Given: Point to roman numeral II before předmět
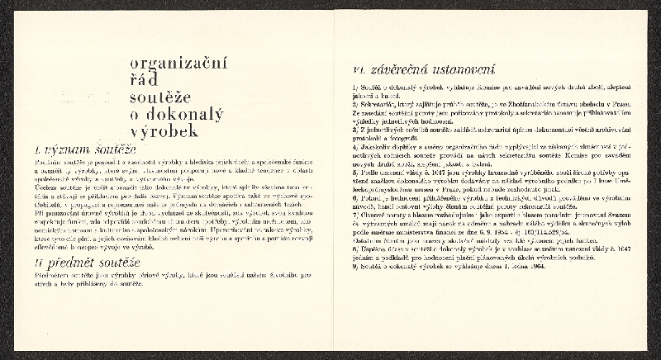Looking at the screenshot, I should click(39, 263).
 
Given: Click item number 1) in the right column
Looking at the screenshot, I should click(354, 86).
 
